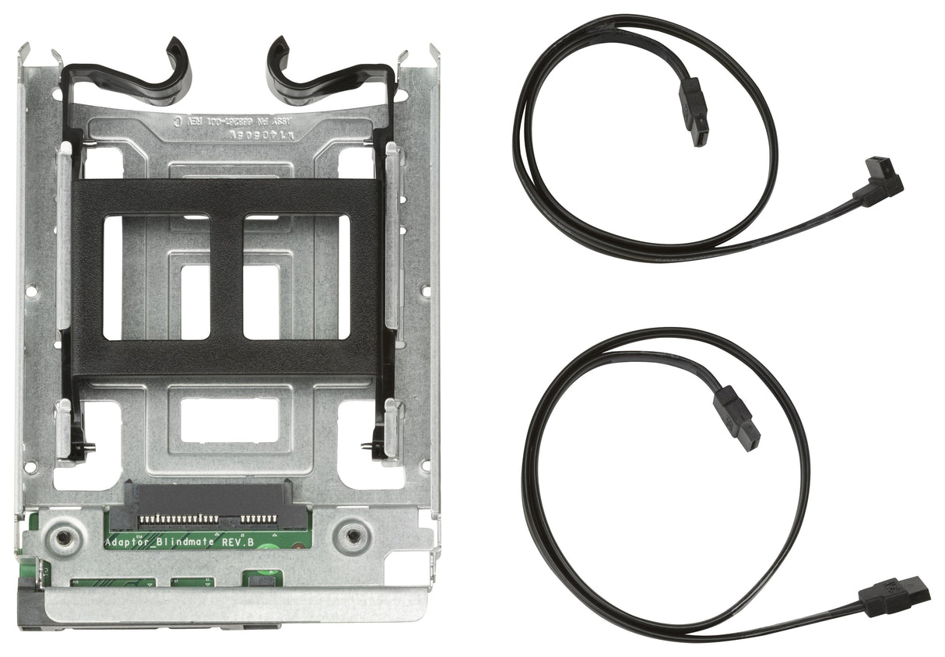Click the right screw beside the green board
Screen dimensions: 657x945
(353, 536)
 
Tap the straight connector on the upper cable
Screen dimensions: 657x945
(694, 114)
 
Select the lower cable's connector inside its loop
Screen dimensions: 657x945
(737, 417)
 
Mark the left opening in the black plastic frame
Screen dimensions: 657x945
(156, 277)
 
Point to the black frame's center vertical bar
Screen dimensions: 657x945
(227, 277)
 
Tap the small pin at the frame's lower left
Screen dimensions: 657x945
(91, 447)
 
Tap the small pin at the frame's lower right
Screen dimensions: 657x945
(366, 447)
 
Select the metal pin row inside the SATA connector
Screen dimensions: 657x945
(206, 518)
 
